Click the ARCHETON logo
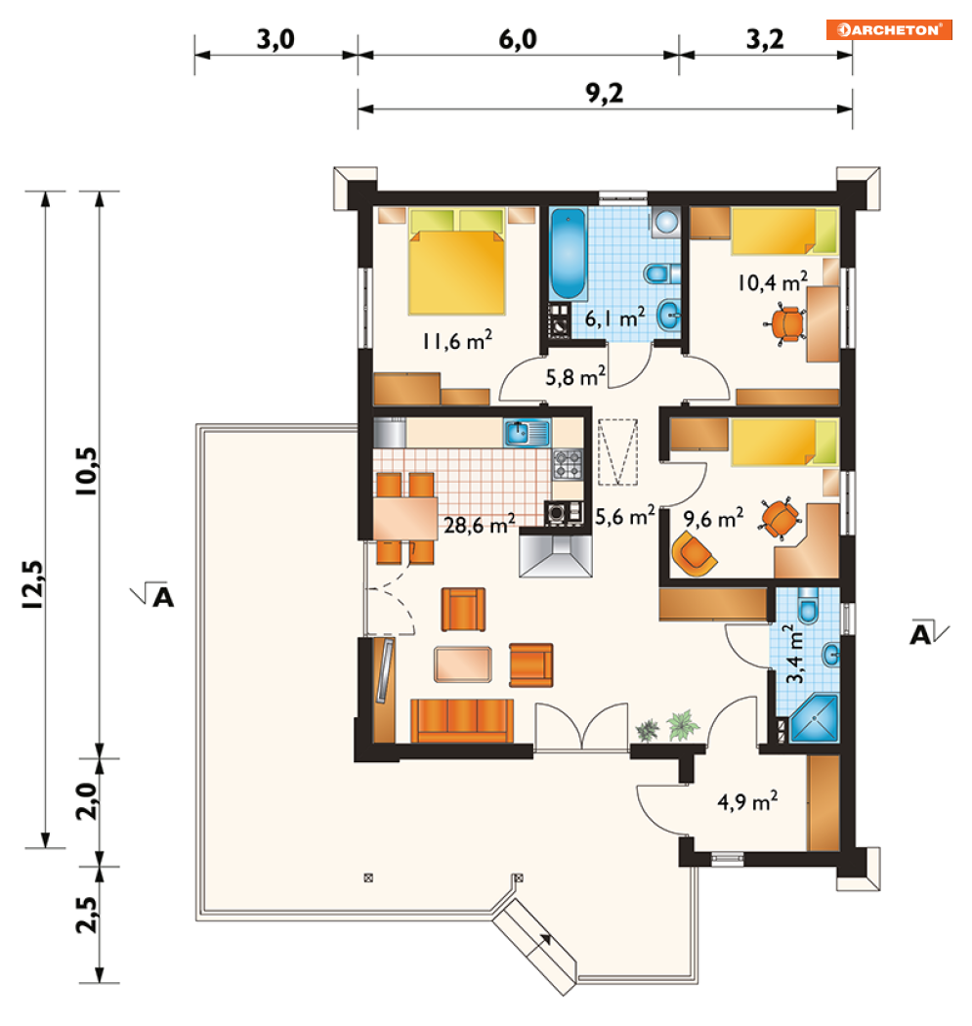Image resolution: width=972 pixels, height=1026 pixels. pos(889,29)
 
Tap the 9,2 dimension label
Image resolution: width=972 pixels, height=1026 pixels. pos(605,94)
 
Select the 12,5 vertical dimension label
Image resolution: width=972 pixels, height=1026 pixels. pos(32,585)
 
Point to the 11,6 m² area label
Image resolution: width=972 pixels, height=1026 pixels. pos(457,340)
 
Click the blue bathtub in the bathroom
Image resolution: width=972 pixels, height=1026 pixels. pos(568,253)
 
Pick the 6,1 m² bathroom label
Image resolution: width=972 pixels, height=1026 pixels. pos(614,318)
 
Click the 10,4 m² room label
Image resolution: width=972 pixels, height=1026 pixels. pos(773,282)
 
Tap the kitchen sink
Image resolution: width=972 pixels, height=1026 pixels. pos(526,433)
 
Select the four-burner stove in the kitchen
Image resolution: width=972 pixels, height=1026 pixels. pos(567,464)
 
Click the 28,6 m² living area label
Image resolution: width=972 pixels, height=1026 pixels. pos(480,524)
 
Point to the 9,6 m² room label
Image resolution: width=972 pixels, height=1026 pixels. pos(714,518)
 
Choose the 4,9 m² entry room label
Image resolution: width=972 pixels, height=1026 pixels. pos(747,801)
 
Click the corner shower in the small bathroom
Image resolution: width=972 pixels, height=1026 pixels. pos(815,718)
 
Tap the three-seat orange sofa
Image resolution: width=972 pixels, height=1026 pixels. pos(462,720)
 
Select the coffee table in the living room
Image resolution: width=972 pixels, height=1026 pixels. pos(462,664)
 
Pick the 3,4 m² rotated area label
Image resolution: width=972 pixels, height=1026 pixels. pos(795,655)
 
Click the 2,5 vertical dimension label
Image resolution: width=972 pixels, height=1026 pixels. pos(87,915)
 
